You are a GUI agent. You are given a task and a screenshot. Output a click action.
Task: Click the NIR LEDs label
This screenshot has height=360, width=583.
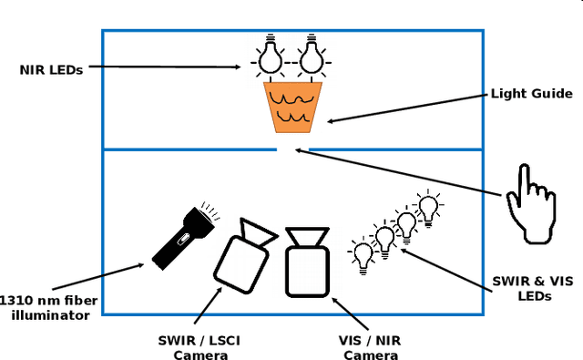tap(52, 69)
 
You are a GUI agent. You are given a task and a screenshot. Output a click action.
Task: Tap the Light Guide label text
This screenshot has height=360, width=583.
tap(531, 93)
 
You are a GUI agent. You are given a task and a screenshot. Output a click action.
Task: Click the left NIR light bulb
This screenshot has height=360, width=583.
tap(269, 57)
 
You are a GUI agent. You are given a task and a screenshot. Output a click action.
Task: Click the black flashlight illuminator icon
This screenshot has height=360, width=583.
tap(182, 237)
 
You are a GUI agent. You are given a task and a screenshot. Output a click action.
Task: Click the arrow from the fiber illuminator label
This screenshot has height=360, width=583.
tap(102, 279)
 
